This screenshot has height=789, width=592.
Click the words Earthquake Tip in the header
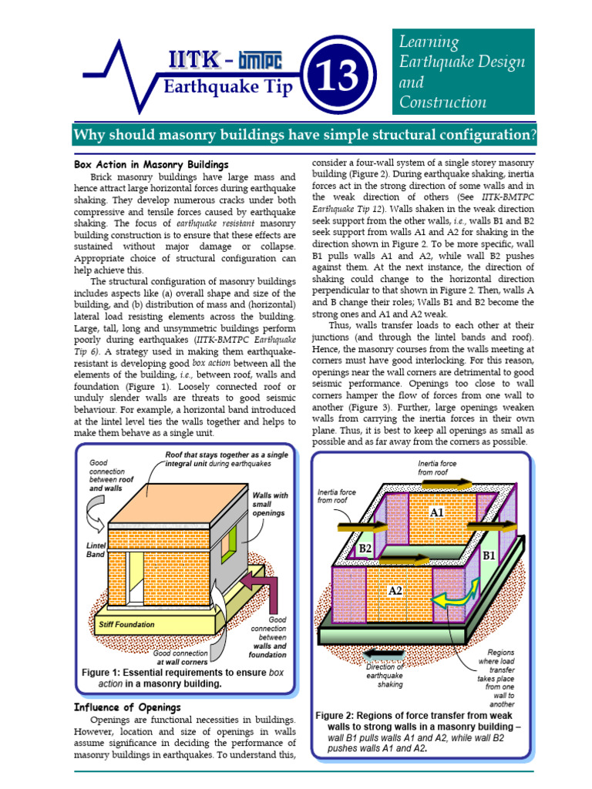(228, 87)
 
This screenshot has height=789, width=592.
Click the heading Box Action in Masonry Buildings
(151, 165)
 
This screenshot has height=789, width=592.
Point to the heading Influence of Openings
(127, 707)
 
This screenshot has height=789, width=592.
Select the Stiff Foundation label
(126, 624)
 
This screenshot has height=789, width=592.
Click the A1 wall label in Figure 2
(437, 512)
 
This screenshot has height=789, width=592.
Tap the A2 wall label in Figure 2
(395, 590)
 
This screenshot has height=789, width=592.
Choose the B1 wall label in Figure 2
(489, 555)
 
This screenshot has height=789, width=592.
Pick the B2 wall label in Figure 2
(365, 549)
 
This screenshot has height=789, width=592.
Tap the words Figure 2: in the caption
(338, 716)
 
